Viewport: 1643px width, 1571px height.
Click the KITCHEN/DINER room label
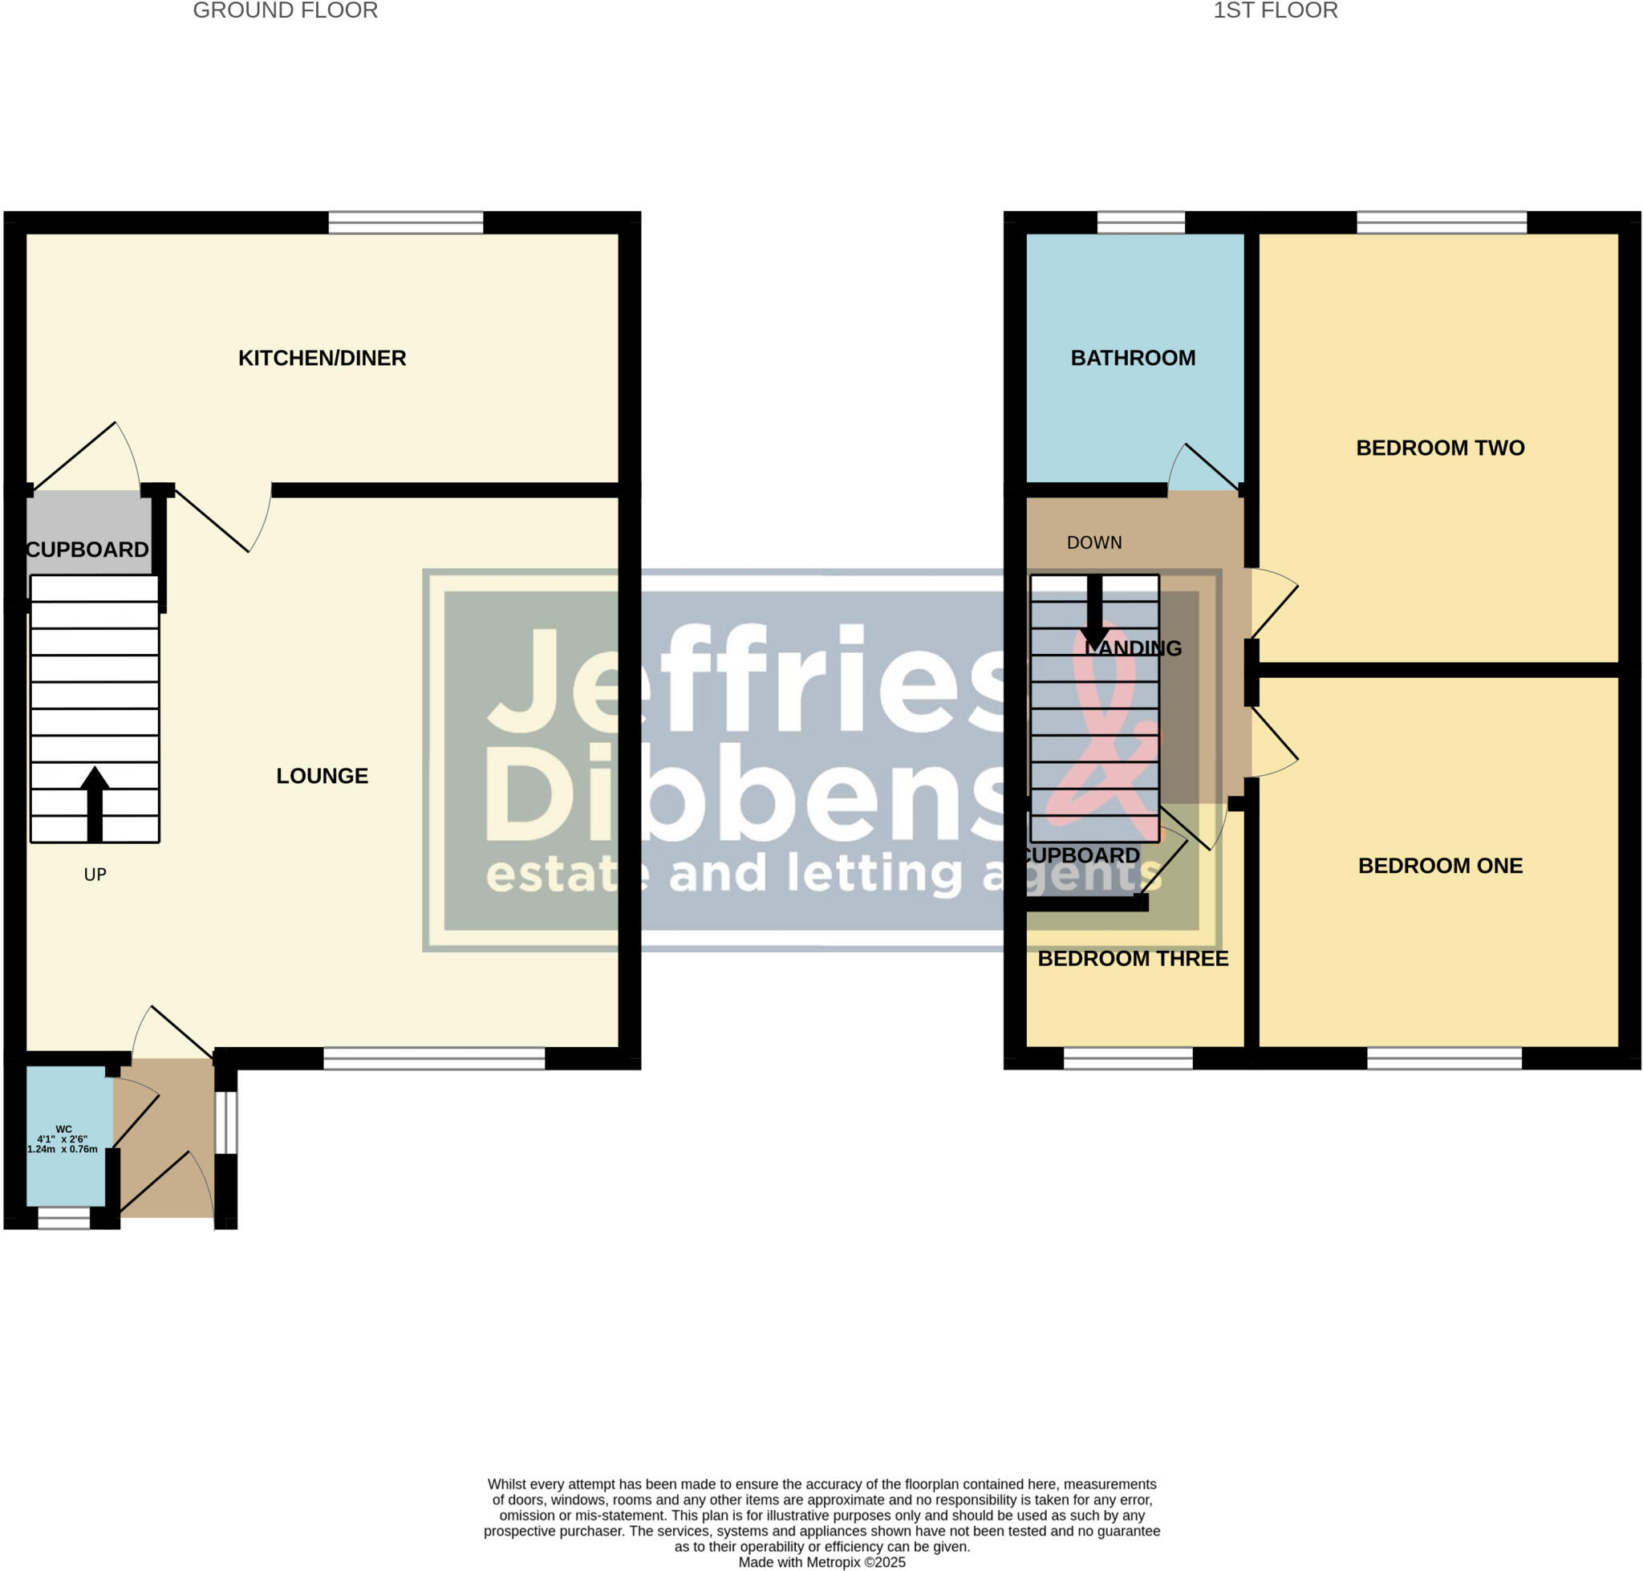tap(322, 358)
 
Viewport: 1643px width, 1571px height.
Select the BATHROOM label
tap(1132, 358)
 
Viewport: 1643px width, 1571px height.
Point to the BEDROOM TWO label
tap(1439, 447)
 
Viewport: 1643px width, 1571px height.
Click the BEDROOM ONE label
tap(1439, 865)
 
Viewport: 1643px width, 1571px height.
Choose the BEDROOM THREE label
tap(1132, 958)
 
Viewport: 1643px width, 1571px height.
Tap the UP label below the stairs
tap(95, 875)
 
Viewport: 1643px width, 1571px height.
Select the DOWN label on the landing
tap(1093, 542)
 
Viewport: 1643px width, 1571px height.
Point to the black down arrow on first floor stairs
tap(1093, 613)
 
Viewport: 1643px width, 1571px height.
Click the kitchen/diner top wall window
tap(405, 223)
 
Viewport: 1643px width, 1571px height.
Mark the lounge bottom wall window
tap(434, 1058)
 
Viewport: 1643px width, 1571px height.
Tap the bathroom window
tap(1141, 223)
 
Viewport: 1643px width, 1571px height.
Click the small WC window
tap(63, 1219)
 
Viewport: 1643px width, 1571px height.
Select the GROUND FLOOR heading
tap(285, 11)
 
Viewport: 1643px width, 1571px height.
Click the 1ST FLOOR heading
tap(1275, 11)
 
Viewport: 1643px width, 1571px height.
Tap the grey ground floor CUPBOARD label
tap(87, 550)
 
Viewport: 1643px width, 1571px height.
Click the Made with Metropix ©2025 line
tap(821, 1562)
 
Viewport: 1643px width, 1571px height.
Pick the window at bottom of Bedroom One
tap(1444, 1058)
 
